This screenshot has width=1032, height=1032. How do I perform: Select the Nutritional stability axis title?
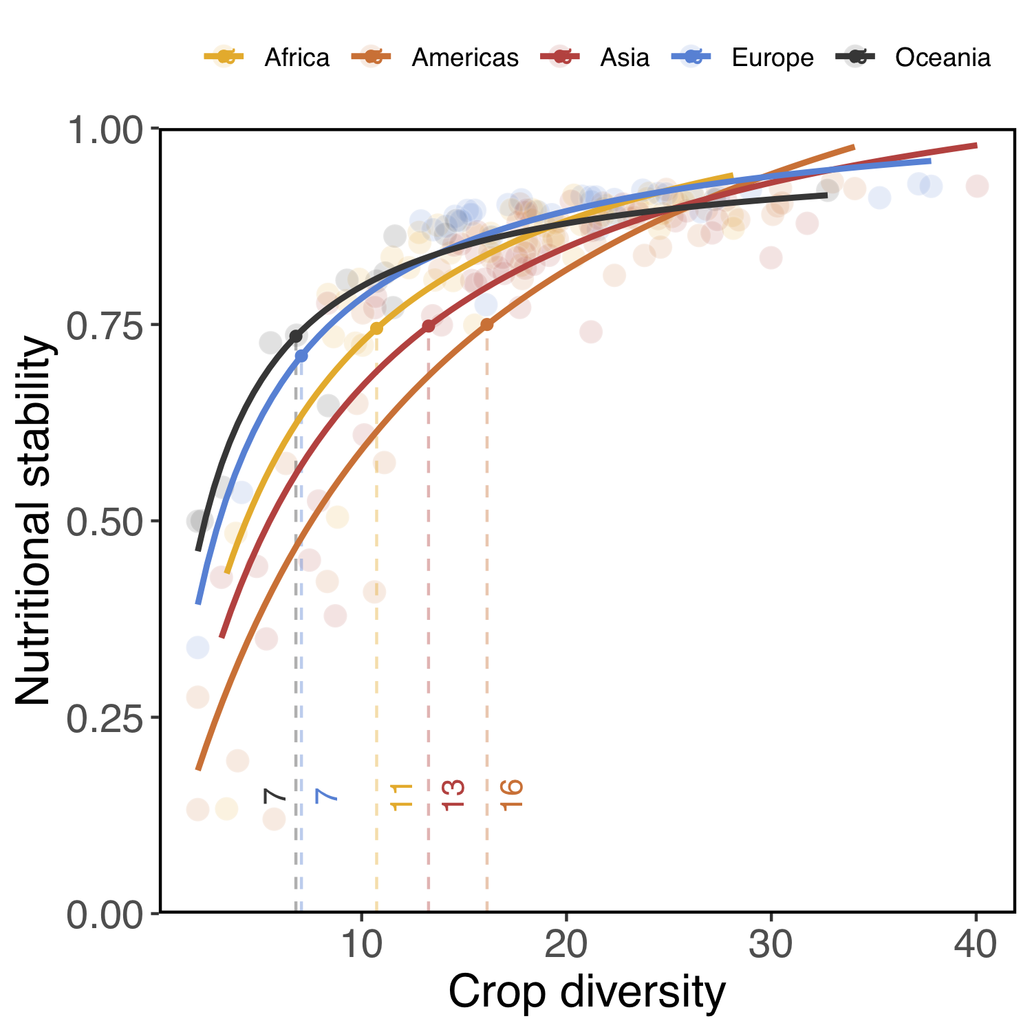coord(34,521)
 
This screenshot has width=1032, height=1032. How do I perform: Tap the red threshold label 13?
coord(453,795)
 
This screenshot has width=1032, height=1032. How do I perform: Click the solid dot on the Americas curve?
coord(487,325)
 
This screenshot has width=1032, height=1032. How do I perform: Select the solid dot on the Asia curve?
coord(429,326)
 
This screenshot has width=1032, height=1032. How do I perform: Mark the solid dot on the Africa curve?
coord(376,328)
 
